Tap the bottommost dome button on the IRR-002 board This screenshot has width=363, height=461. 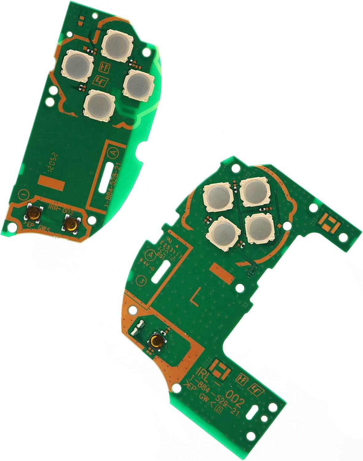[99, 104]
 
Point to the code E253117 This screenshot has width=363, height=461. [168, 250]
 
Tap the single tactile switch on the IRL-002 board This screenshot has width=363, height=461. [157, 341]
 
